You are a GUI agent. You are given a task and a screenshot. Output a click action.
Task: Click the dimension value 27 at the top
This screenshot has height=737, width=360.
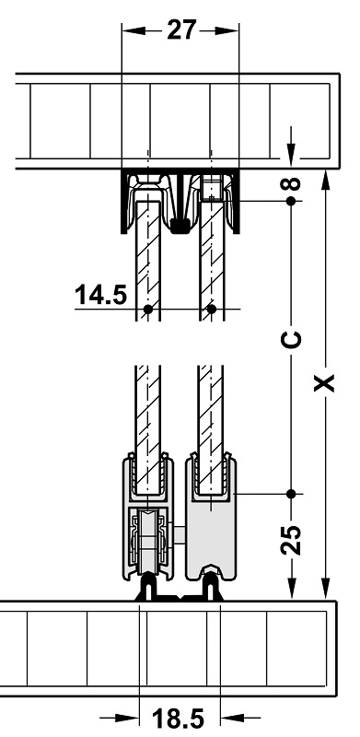181,30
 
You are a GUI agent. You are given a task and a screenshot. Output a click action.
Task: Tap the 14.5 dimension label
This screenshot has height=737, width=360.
100,295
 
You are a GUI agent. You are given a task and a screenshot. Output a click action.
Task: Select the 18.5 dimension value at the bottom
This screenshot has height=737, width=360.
178,719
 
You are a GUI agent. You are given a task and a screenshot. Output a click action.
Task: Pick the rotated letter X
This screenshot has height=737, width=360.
324,382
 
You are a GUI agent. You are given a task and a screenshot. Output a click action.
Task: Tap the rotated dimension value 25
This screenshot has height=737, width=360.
291,539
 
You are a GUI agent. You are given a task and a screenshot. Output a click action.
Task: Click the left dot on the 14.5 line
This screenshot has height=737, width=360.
148,309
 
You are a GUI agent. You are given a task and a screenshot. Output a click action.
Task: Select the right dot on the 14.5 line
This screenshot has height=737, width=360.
212,309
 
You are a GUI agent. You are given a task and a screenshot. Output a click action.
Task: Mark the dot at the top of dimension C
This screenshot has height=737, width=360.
291,201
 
